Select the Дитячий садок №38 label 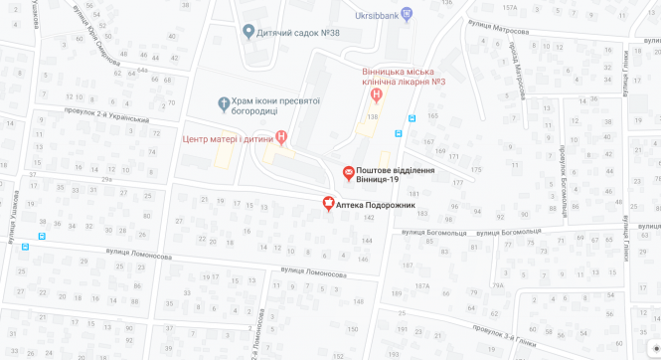tap(298, 33)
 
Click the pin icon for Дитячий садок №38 tap(248, 33)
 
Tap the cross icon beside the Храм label tap(224, 101)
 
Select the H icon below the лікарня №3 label tap(376, 95)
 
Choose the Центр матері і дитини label tap(228, 137)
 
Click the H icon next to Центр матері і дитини tap(281, 137)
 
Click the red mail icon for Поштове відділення tap(348, 173)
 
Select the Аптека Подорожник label tap(376, 205)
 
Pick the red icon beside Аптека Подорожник tap(328, 204)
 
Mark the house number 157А tap(510, 8)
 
